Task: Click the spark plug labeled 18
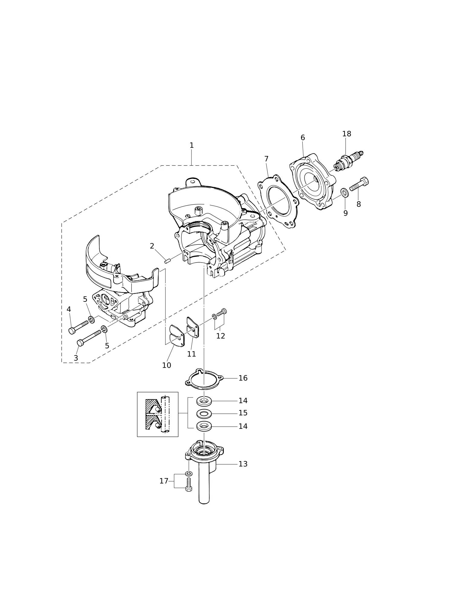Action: coord(348,161)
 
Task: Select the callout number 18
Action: coord(347,134)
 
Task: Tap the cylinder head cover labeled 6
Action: coord(313,181)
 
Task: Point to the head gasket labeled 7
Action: coord(278,202)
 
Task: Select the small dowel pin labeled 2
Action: coord(168,261)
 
